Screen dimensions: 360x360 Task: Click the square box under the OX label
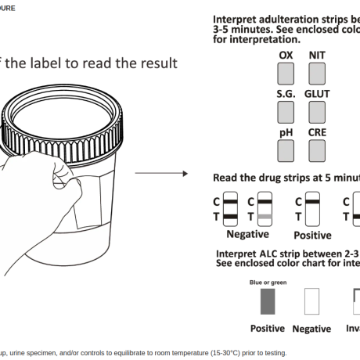286,74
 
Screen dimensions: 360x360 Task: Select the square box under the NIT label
317,74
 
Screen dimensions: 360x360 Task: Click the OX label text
286,56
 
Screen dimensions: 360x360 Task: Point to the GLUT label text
317,94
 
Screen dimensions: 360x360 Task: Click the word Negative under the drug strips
248,233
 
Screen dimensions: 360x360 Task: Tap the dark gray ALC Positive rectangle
268,301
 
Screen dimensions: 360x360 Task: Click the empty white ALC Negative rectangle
311,301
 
